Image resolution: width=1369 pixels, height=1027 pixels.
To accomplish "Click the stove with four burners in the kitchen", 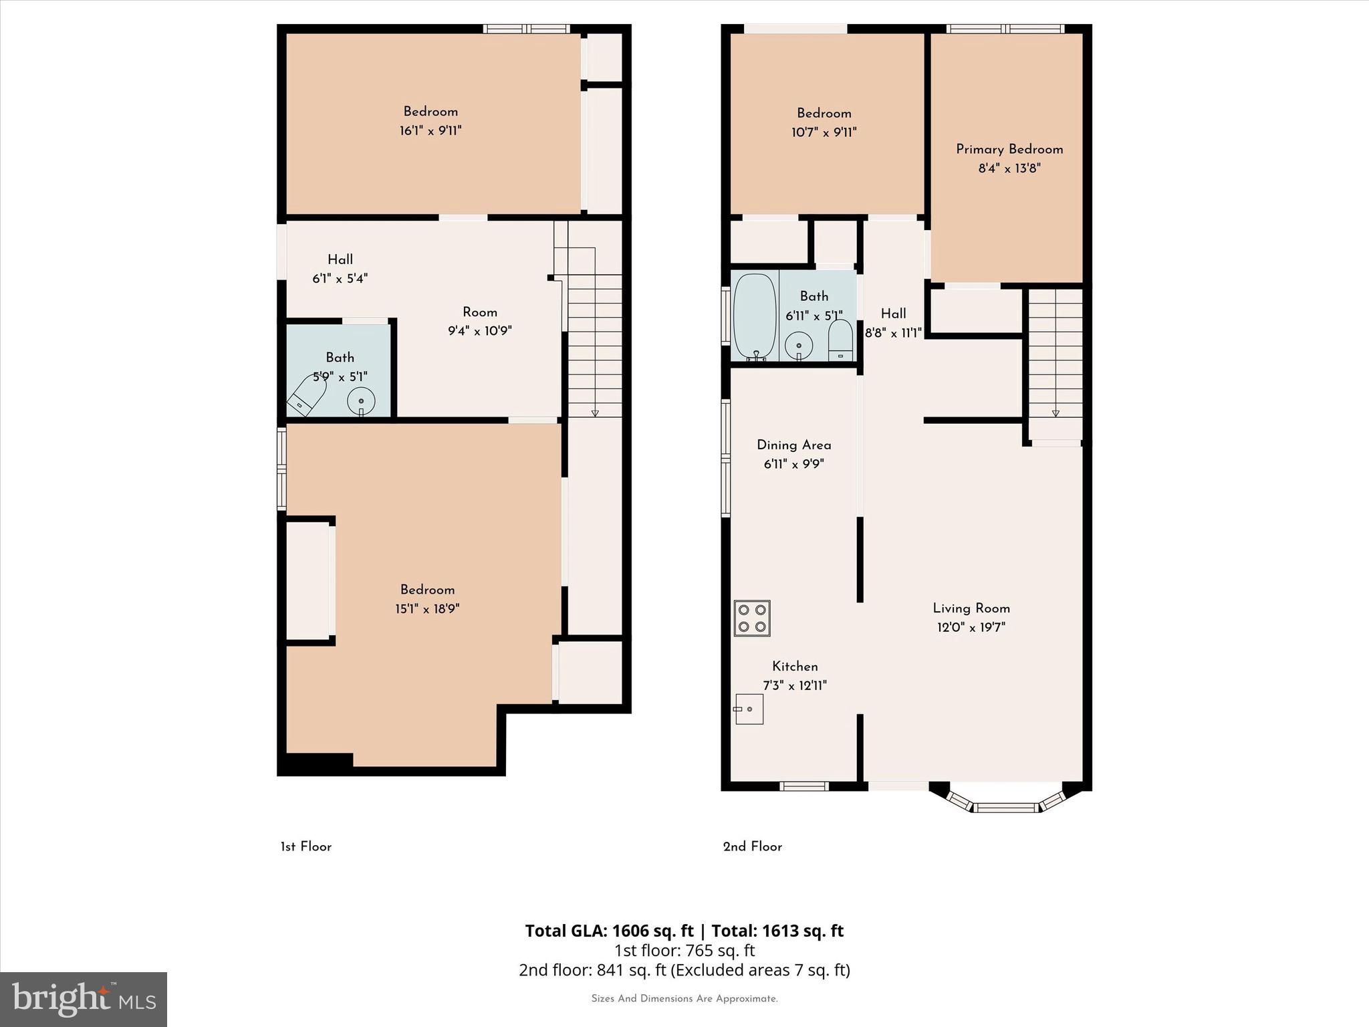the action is click(752, 618).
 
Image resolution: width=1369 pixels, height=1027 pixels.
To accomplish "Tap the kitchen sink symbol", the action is click(749, 709).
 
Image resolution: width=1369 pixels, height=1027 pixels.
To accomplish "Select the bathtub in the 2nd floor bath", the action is click(755, 317).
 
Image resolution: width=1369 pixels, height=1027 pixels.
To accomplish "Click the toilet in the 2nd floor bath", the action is click(840, 340).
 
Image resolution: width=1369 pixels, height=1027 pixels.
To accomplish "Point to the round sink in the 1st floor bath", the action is click(361, 402).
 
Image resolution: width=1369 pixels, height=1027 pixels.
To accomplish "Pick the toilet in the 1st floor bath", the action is click(307, 396).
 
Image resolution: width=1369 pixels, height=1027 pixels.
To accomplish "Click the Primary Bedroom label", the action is click(1009, 149).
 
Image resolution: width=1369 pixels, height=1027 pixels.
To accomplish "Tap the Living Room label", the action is click(971, 608).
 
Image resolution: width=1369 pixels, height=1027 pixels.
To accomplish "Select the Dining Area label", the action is click(794, 445).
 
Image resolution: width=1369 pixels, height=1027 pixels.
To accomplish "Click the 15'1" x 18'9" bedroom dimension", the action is click(427, 608).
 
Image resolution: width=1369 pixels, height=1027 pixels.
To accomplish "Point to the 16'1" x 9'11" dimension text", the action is click(430, 130).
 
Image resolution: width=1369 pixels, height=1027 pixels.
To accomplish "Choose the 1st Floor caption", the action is click(306, 846).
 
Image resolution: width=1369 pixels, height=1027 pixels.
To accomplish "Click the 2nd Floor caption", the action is click(753, 846).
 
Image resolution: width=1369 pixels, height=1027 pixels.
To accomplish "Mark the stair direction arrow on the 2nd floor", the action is click(1055, 413).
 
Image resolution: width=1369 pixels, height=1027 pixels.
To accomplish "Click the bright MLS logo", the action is click(84, 1000).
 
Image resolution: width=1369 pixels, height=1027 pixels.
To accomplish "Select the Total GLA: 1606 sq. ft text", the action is click(609, 931).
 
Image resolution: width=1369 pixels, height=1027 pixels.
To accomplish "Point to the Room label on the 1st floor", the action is click(480, 312).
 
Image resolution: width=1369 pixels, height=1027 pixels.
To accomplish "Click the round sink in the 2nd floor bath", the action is click(799, 345).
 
